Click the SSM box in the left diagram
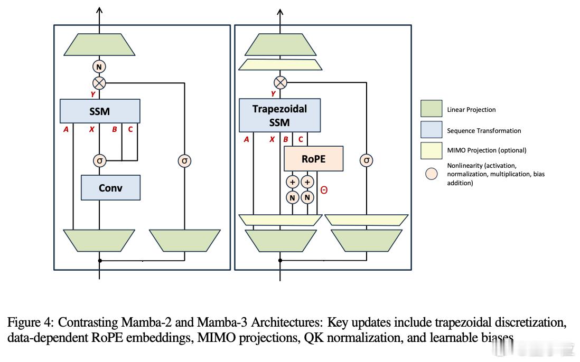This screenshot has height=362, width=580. tap(100, 111)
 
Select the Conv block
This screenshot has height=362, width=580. tap(110, 187)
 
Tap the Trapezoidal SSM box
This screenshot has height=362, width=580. tap(279, 116)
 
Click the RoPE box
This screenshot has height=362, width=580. tap(313, 159)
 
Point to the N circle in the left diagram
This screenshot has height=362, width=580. tap(99, 66)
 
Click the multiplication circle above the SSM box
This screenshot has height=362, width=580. tap(99, 82)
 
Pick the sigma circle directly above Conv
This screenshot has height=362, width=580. tap(99, 160)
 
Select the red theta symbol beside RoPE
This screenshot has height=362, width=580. tap(324, 190)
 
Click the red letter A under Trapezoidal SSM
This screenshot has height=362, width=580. tap(246, 140)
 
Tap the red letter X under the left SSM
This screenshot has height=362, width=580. tap(91, 129)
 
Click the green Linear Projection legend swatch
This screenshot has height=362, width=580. tap(431, 109)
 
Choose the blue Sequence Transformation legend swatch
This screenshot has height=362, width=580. tap(431, 130)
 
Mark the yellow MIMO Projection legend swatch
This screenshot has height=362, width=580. tap(431, 150)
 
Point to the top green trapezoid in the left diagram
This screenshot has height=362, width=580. tap(99, 45)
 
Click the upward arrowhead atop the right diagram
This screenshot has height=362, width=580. tap(280, 12)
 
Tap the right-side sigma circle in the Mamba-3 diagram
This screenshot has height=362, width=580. tap(367, 160)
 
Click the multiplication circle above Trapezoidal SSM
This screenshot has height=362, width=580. tap(280, 82)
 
